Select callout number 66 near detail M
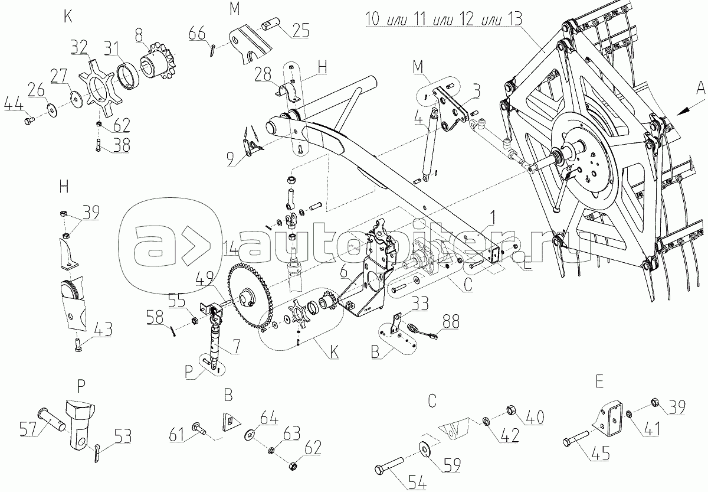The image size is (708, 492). pyautogui.click(x=197, y=34)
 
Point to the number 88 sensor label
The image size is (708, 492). pyautogui.click(x=451, y=322)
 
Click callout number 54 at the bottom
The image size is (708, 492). pyautogui.click(x=417, y=483)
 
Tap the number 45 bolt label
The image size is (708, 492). pyautogui.click(x=599, y=453)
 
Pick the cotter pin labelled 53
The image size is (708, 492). pyautogui.click(x=97, y=454)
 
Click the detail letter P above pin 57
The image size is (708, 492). pyautogui.click(x=81, y=386)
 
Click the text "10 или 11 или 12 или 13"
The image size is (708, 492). pyautogui.click(x=444, y=19)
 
